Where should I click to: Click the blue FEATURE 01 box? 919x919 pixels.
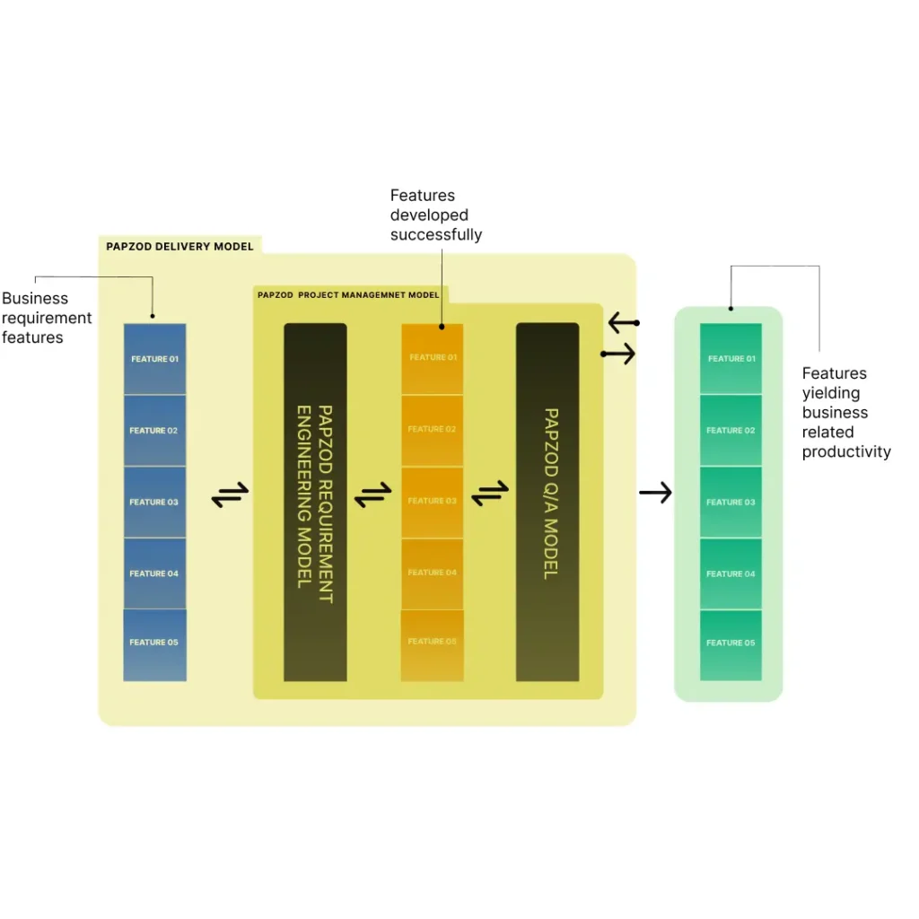[154, 359]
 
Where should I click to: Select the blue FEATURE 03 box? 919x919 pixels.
[154, 502]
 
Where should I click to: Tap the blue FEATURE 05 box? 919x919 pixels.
[154, 643]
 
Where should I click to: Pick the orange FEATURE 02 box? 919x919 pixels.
[432, 430]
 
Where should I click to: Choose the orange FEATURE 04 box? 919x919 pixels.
[432, 573]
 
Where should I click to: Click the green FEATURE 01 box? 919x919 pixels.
[731, 359]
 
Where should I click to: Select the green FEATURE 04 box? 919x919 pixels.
[731, 573]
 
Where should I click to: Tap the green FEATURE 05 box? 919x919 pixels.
[731, 643]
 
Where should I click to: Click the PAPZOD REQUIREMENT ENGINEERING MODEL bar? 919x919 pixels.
[315, 502]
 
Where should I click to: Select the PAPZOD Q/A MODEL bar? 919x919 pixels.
[547, 502]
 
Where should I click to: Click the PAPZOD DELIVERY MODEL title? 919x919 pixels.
[179, 246]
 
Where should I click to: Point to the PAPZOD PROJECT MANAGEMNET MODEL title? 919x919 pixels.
[348, 294]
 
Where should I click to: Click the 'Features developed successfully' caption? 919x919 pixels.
[435, 215]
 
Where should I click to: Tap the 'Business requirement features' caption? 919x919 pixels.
[47, 318]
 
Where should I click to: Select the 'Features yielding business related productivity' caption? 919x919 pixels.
[845, 412]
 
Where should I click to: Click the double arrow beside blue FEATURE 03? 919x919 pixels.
[230, 495]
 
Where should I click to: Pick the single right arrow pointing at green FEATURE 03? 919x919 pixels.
[655, 492]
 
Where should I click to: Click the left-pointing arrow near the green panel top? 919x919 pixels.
[622, 322]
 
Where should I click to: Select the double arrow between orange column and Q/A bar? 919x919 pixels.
[490, 493]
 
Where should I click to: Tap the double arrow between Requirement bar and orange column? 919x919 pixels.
[372, 495]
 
